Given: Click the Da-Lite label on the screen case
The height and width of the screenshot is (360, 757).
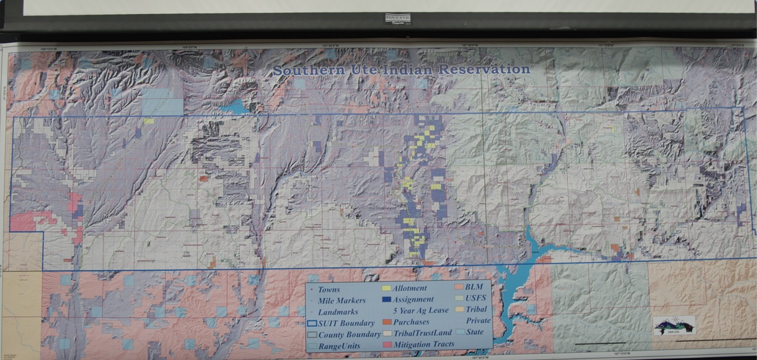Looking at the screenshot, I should tap(397, 19).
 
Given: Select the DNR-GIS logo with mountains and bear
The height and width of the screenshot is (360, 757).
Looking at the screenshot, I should tap(674, 325).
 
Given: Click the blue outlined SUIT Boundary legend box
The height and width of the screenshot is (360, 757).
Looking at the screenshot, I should tap(312, 323).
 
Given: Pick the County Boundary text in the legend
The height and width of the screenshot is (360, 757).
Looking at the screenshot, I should tap(350, 335).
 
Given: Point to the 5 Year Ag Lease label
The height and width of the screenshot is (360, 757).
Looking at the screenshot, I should tap(419, 311).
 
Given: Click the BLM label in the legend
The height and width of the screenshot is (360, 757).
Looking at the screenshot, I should tap(474, 287).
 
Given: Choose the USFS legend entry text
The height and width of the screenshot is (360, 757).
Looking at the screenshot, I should tap(476, 298).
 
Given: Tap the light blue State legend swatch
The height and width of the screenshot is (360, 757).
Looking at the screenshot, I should tap(460, 332).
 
